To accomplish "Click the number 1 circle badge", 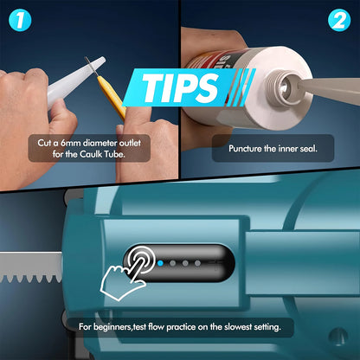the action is [x=20, y=20].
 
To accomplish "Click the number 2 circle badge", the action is [x=339, y=20].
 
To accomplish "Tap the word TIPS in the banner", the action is [x=180, y=88].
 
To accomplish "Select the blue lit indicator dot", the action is [x=160, y=263].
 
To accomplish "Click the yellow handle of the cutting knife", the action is [x=112, y=98].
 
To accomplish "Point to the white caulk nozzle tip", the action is [x=76, y=82].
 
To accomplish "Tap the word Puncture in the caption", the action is [x=245, y=149].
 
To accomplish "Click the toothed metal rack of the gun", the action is [x=31, y=267].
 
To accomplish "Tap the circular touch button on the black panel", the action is [x=142, y=260].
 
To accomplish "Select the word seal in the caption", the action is [x=309, y=149].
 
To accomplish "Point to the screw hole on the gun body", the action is [x=338, y=336].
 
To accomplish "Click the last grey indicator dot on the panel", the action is [x=197, y=263].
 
